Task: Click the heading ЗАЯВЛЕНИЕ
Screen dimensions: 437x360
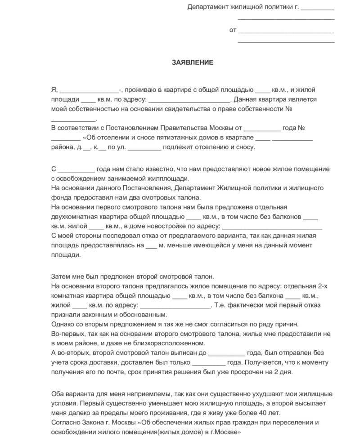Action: (x=192, y=62)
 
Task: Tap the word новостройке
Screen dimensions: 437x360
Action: (x=180, y=226)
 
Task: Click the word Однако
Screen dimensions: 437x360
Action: (x=63, y=324)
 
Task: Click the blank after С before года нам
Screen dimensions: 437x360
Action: (x=76, y=169)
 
